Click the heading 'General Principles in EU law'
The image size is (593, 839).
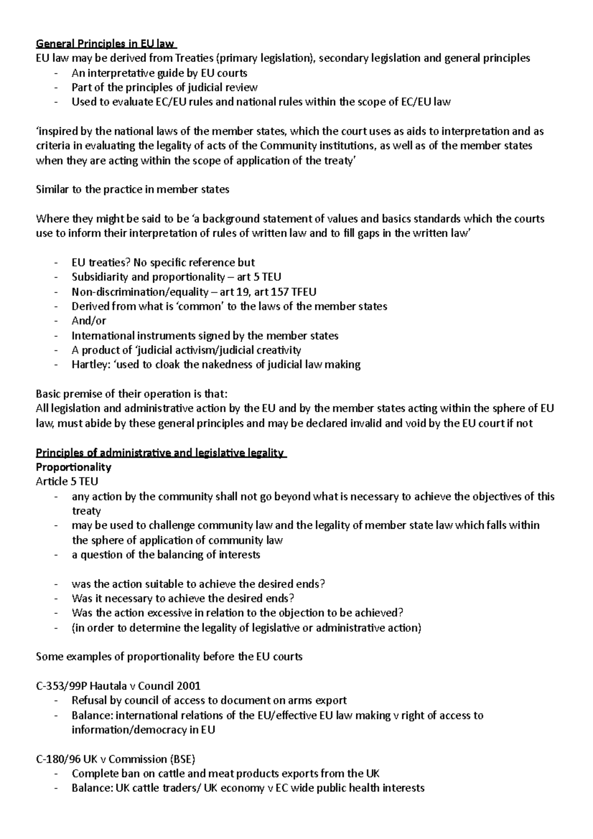106,43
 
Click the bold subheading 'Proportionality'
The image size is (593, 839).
74,467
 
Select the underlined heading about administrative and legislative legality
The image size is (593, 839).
161,453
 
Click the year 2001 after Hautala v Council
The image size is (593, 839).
189,686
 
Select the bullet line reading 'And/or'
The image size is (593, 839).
89,321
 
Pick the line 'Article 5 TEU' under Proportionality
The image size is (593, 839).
67,481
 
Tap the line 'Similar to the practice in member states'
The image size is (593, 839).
133,189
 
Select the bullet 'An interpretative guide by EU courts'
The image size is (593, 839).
159,73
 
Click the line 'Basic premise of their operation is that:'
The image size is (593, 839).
132,394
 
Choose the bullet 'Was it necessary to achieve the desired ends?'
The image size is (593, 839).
183,598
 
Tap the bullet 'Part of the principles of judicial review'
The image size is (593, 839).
165,87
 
